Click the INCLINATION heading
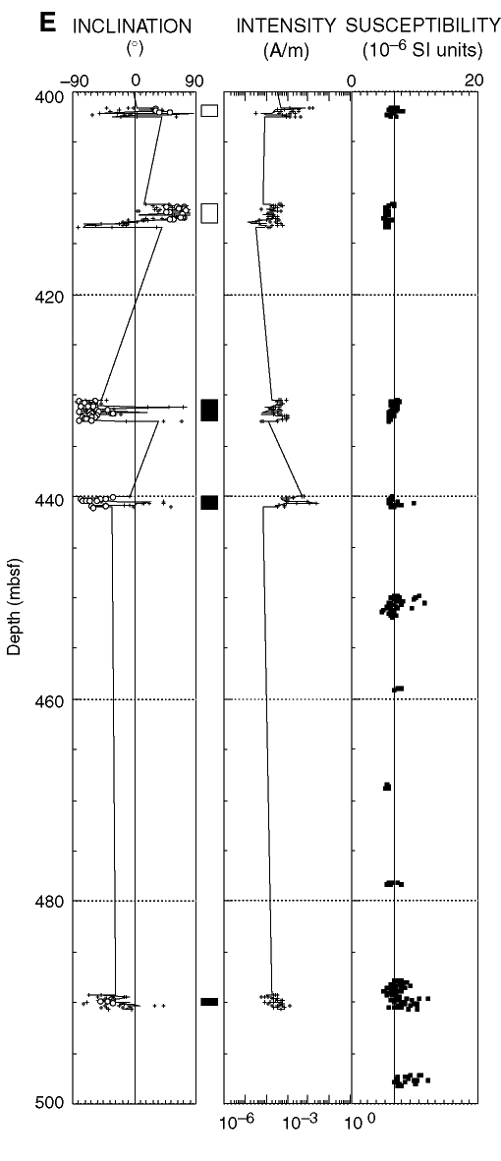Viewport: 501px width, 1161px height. pyautogui.click(x=133, y=28)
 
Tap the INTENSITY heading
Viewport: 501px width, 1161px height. pyautogui.click(x=287, y=28)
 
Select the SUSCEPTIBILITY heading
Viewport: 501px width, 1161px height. pyautogui.click(x=422, y=28)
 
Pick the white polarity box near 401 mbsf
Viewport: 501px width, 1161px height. pyautogui.click(x=210, y=111)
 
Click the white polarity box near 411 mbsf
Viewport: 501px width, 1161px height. pyautogui.click(x=210, y=213)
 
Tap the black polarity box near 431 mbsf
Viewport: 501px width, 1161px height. pyautogui.click(x=210, y=410)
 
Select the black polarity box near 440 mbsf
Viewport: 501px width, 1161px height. pyautogui.click(x=210, y=502)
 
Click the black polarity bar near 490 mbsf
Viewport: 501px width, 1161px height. pyautogui.click(x=210, y=1002)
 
